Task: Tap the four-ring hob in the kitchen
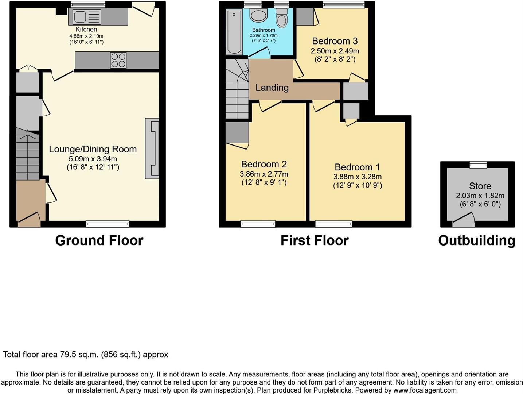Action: point(118,61)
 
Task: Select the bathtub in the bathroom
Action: point(234,32)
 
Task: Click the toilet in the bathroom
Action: point(281,19)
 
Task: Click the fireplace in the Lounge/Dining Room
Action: point(152,148)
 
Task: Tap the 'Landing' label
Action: point(272,88)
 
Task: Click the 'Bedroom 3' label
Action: point(335,41)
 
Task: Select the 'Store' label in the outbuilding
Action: point(480,186)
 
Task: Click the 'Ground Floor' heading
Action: point(99,240)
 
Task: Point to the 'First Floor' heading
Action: point(315,240)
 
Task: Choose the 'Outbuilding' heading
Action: point(476,240)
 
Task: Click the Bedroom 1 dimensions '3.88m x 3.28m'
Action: point(357,177)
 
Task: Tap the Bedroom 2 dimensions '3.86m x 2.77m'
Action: point(264,174)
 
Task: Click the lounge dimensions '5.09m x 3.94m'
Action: point(93,159)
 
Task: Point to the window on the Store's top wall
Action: point(478,165)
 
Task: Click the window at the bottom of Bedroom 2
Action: point(258,224)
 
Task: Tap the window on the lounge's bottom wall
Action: point(108,224)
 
